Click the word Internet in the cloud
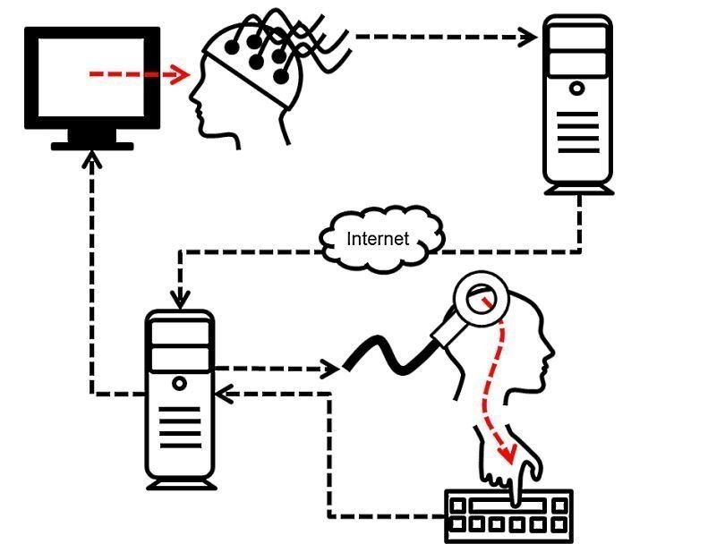tap(378, 239)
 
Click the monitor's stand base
tap(92, 144)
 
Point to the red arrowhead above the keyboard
tap(511, 455)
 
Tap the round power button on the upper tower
tap(578, 89)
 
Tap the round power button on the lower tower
tap(180, 383)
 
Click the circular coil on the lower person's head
tap(482, 297)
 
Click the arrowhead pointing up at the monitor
tap(90, 160)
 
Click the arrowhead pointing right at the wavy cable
tap(331, 368)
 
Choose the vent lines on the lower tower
tap(180, 429)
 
